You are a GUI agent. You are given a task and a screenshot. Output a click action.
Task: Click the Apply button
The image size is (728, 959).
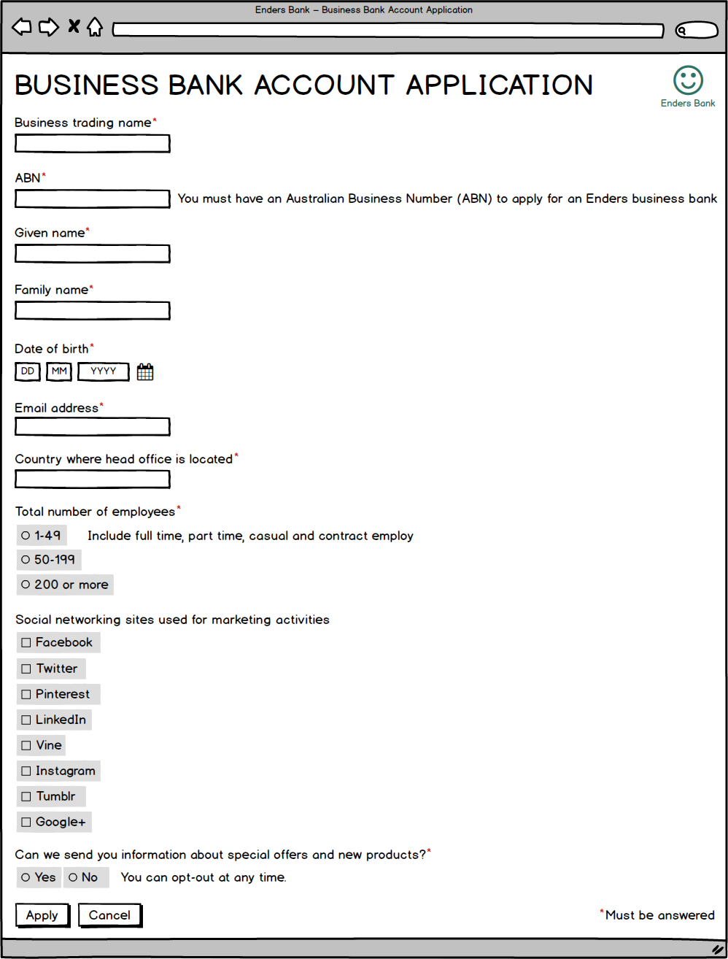point(42,915)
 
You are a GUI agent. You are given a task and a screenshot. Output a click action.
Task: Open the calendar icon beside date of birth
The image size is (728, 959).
point(145,372)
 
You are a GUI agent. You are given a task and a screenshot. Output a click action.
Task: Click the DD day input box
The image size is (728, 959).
point(28,371)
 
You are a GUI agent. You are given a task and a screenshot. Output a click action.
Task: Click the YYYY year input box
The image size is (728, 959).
point(103,371)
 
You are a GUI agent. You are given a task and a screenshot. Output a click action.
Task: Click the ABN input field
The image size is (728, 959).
point(92,199)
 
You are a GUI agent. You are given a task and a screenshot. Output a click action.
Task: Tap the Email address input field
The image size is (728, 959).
point(92,426)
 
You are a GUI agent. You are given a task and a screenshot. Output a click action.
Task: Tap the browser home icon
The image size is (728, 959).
point(94,28)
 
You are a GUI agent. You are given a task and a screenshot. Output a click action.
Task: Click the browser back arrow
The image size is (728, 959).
point(22,28)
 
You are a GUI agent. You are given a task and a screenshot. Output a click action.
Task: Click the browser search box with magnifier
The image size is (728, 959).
point(697,31)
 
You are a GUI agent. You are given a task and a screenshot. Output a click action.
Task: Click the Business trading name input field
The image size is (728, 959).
point(92,143)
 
